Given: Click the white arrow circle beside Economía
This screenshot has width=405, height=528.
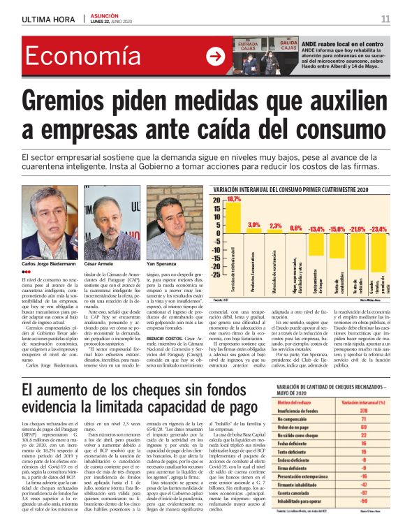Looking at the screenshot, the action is click(216, 57).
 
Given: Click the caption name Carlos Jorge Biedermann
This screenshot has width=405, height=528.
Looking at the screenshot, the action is click(49, 265).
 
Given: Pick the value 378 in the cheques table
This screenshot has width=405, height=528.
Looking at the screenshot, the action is click(362, 411).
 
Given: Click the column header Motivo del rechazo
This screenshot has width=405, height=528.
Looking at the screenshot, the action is click(279, 403).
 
